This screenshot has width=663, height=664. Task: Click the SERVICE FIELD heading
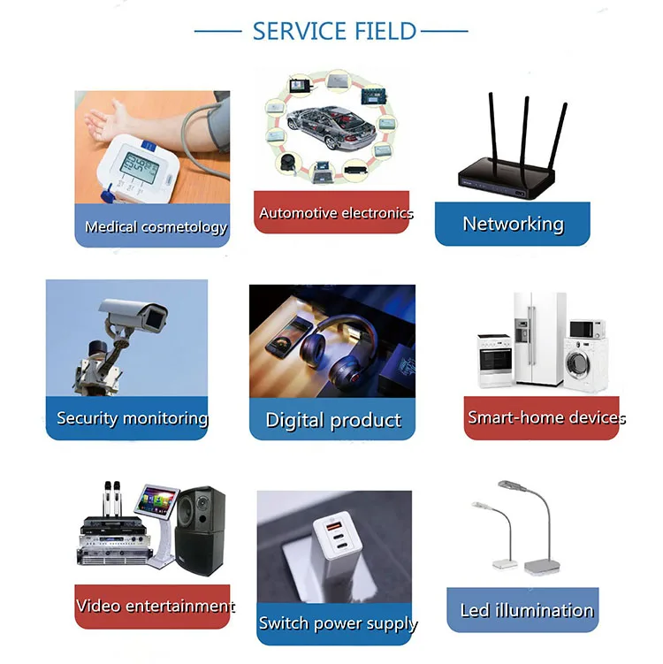[x=333, y=31]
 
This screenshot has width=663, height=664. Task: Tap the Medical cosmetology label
[x=156, y=227]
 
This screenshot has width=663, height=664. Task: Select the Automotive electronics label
[x=335, y=213]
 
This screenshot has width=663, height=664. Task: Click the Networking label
[x=513, y=224]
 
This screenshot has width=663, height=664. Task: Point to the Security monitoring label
[x=132, y=418]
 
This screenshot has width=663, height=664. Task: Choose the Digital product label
[x=333, y=420]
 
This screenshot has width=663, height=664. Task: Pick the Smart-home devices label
[x=545, y=417]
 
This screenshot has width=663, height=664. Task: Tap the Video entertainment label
[x=155, y=607]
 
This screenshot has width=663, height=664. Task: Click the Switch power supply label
[x=337, y=623]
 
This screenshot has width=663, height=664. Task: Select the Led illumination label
[x=526, y=610]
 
